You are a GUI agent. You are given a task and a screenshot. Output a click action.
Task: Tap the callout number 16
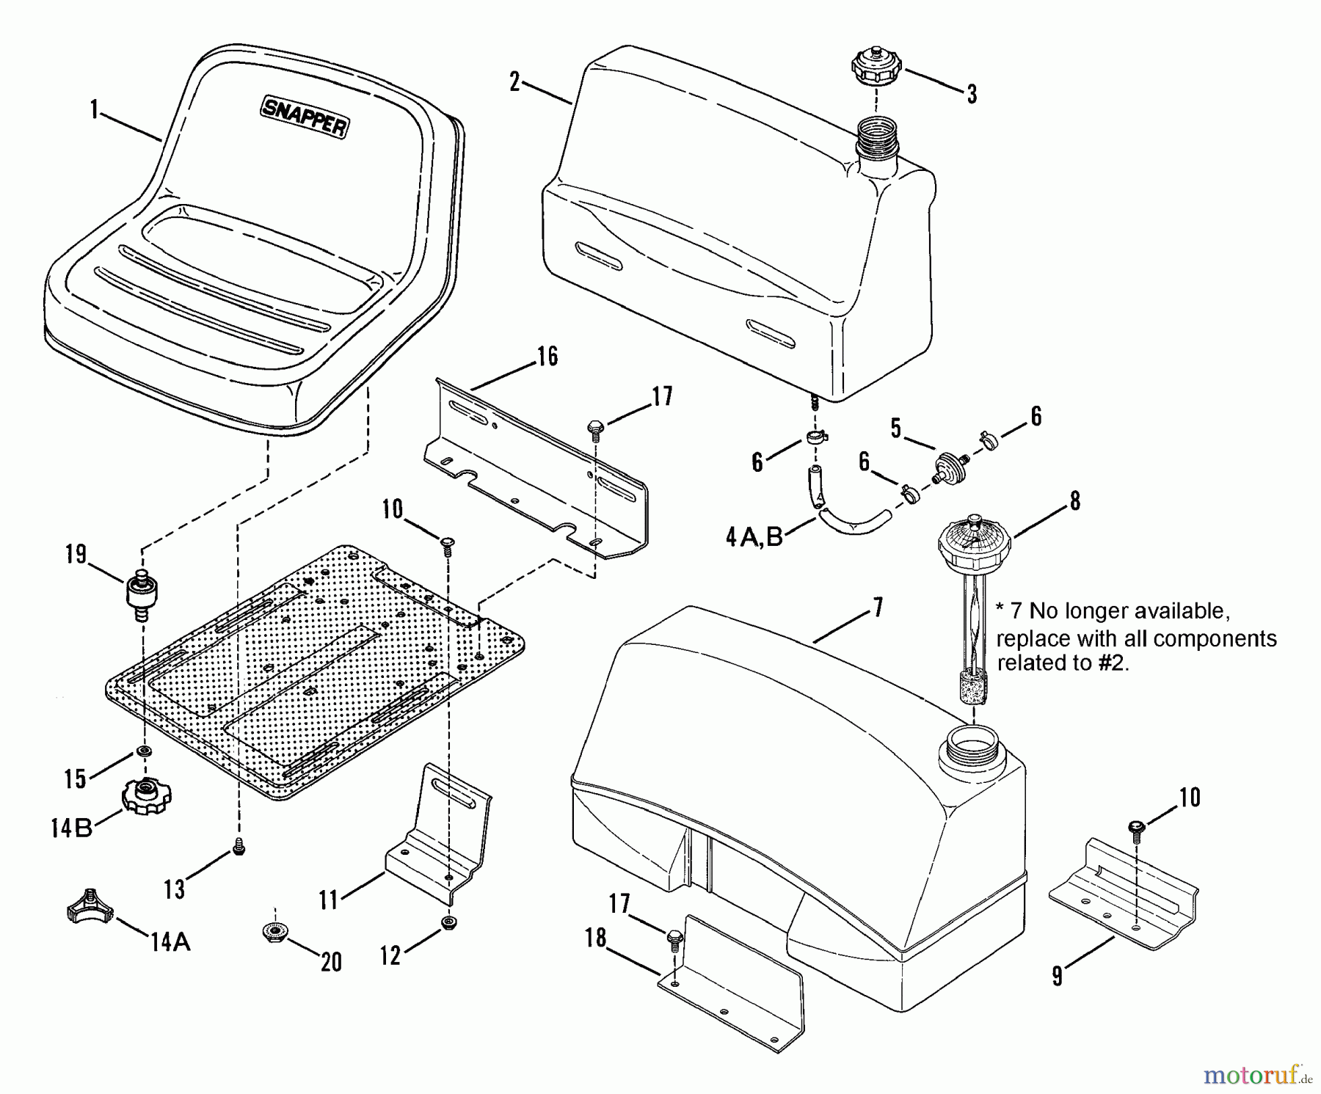[547, 356]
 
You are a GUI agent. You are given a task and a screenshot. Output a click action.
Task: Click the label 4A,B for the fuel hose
[754, 537]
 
